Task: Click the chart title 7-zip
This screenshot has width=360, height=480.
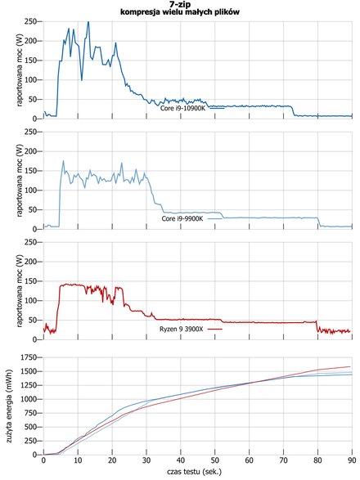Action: click(x=180, y=5)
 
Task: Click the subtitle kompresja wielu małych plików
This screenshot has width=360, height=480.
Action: click(x=180, y=12)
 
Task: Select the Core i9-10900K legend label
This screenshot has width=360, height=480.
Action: click(x=182, y=108)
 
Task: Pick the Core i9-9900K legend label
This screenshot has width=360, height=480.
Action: click(x=182, y=218)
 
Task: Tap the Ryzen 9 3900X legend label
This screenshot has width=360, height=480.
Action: click(x=181, y=329)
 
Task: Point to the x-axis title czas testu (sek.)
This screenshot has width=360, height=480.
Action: click(x=194, y=472)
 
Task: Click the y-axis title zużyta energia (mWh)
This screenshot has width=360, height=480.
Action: click(x=10, y=406)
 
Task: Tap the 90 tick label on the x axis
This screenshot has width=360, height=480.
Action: click(x=352, y=460)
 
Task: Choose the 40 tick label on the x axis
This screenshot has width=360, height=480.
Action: click(x=181, y=460)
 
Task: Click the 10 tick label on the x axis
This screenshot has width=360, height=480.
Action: click(x=78, y=460)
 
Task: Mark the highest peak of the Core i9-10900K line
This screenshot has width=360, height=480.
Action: click(x=88, y=21)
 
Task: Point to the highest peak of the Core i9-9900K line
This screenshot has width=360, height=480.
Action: click(x=64, y=161)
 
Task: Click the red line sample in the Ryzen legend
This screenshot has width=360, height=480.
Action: click(x=215, y=329)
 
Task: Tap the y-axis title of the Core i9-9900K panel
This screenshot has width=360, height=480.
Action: click(x=20, y=180)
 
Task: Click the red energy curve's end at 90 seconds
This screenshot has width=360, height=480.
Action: click(x=350, y=366)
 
